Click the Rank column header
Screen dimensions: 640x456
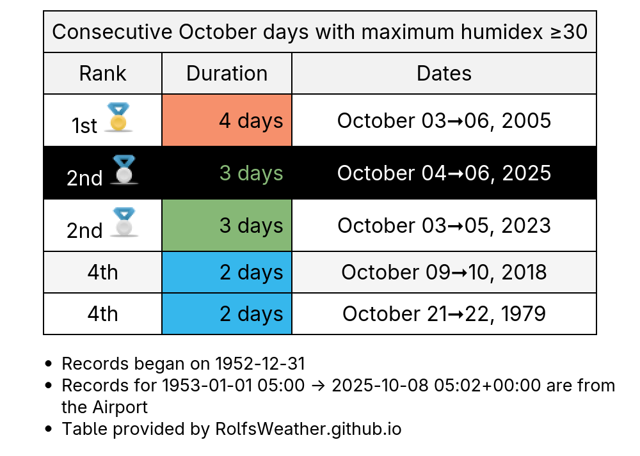(x=102, y=74)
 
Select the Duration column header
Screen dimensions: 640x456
(x=227, y=74)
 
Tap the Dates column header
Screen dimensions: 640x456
(x=444, y=74)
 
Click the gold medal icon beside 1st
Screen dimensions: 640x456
(x=118, y=117)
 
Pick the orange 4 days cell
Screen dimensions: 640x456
(x=227, y=120)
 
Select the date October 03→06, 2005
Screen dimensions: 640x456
(x=444, y=121)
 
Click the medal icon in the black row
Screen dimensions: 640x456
(x=124, y=169)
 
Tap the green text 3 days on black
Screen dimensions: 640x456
(x=251, y=173)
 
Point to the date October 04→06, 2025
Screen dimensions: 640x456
(x=444, y=173)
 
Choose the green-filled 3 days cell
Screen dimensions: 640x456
(x=227, y=225)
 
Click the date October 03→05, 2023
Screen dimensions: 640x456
(x=444, y=226)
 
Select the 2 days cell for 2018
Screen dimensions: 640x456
(x=227, y=272)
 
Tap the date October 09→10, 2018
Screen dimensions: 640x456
(x=444, y=272)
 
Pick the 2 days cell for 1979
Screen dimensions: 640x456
(x=227, y=313)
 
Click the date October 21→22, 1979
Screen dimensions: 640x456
(x=444, y=313)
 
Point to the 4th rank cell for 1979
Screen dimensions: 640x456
(x=102, y=313)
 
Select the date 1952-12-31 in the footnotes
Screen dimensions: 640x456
(x=260, y=364)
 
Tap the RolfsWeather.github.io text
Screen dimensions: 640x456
(x=308, y=429)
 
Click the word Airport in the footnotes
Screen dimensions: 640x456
(x=120, y=407)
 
